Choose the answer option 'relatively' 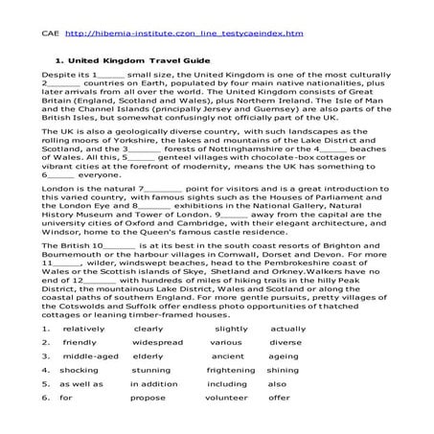coord(82,329)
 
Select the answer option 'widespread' coord(157,342)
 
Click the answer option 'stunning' coord(151,369)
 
